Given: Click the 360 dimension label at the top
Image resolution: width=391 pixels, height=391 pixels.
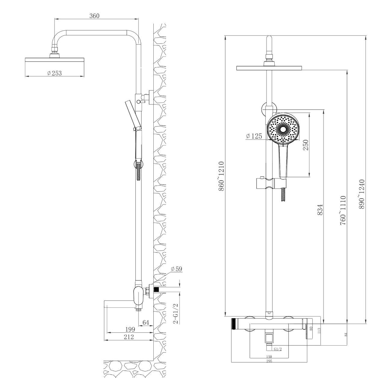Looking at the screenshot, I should click(x=94, y=16).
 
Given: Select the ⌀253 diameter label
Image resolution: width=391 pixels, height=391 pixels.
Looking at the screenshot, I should click(x=54, y=73).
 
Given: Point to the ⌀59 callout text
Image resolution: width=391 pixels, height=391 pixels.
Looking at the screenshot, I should click(x=177, y=269).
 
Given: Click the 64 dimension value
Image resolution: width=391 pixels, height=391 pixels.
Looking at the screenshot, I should click(x=146, y=323).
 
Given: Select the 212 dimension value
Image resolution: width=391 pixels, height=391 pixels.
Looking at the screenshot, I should click(x=129, y=337).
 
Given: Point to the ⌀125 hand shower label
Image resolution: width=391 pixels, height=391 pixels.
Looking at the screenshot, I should click(x=254, y=136).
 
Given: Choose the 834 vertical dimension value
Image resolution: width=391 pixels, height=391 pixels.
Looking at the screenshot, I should click(x=320, y=210).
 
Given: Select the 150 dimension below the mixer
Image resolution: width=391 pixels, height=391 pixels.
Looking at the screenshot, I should click(x=269, y=356).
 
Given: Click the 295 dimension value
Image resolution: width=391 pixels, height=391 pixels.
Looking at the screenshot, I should click(x=269, y=361).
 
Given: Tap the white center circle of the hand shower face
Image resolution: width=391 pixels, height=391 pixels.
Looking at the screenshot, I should click(x=283, y=130).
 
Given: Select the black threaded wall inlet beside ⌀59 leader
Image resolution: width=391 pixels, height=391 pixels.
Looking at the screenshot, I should click(x=156, y=290).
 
